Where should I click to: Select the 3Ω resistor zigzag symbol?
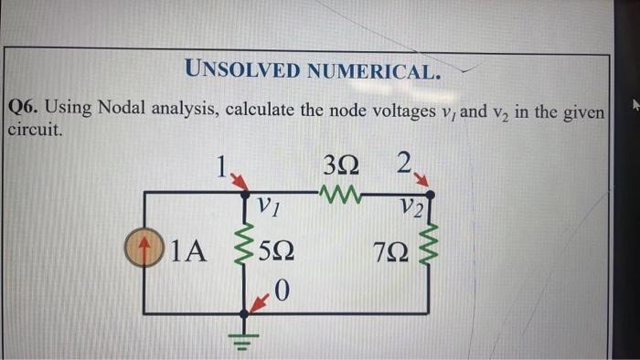click(345, 193)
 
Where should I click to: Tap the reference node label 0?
click(282, 291)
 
